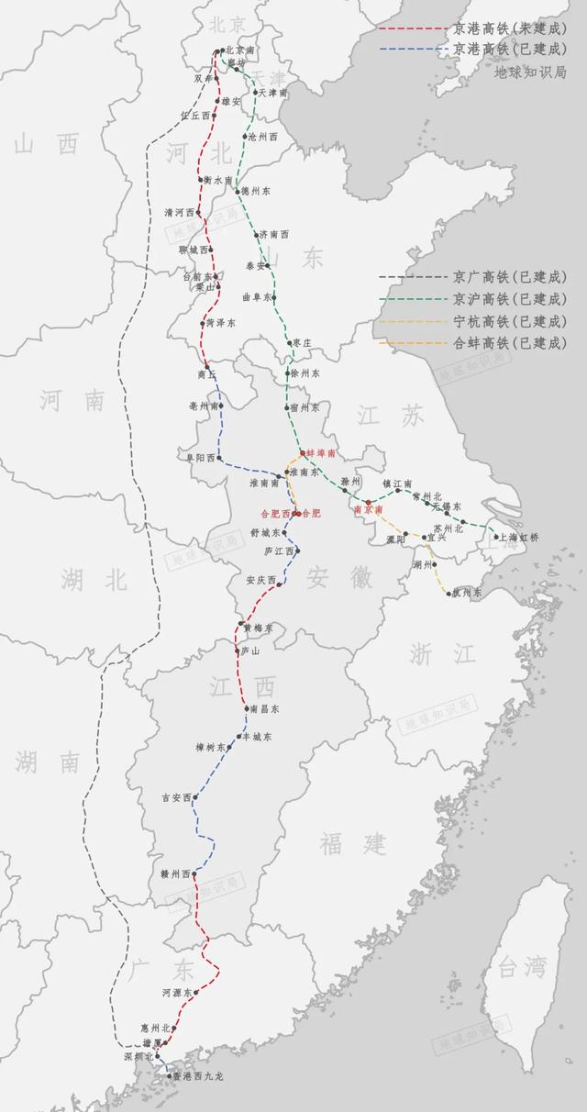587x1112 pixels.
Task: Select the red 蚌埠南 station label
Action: click(321, 453)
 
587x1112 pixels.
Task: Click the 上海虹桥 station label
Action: click(521, 537)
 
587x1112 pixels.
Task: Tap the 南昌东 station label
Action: click(264, 708)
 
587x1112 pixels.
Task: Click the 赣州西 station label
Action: click(175, 873)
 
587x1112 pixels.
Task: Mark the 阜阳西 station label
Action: click(203, 457)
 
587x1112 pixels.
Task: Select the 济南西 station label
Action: click(274, 235)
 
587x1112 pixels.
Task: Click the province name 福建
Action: click(353, 842)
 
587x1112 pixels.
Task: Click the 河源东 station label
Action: click(178, 993)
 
